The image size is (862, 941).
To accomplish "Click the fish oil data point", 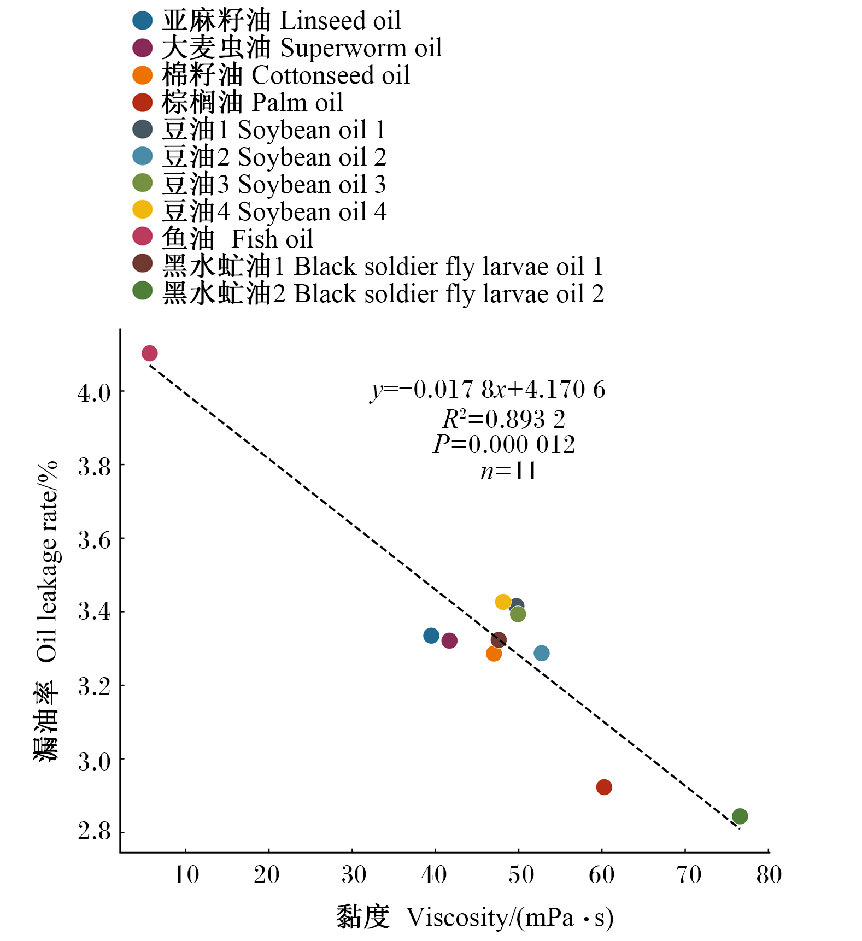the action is [x=149, y=354].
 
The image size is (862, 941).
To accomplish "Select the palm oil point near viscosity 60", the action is [x=603, y=787].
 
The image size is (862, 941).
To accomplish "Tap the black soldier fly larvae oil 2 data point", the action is [x=740, y=816].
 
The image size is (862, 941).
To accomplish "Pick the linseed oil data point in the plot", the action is [x=431, y=636].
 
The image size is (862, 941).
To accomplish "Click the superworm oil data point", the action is [x=449, y=640].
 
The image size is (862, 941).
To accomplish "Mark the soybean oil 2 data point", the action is [x=541, y=653].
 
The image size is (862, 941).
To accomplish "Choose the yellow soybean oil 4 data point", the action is [x=503, y=602].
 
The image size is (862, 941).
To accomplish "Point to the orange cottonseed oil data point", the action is [x=494, y=654].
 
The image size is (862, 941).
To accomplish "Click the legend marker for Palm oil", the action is [x=143, y=102].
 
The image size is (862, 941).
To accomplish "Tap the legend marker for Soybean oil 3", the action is [x=143, y=183].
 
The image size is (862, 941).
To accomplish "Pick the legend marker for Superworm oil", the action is [x=143, y=48].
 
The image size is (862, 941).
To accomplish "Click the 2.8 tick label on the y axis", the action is [x=94, y=832].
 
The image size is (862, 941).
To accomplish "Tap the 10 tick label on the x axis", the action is [x=186, y=875].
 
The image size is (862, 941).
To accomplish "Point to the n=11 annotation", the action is [x=509, y=471].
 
